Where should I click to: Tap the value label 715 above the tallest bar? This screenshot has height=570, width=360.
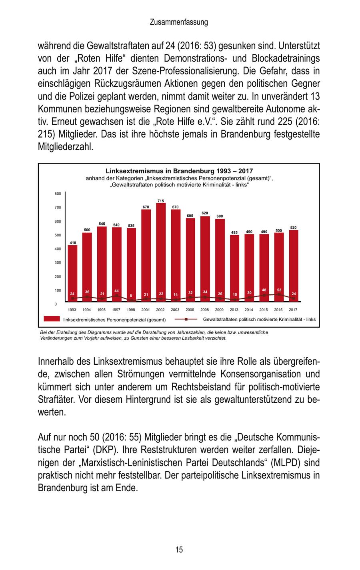coord(160,201)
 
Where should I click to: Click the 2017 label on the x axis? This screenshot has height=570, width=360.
coord(293,310)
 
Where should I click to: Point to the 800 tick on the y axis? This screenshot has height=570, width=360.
coord(58,194)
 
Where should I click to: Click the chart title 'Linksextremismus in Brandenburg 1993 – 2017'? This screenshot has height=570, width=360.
coord(179,171)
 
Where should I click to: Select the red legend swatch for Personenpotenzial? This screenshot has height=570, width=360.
coord(51,319)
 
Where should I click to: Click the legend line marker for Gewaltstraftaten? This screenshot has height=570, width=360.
coord(186,319)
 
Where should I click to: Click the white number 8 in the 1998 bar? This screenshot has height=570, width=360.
coord(131,296)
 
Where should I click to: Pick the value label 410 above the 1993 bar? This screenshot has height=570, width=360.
coord(72,243)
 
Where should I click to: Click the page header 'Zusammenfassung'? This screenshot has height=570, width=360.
coord(179,22)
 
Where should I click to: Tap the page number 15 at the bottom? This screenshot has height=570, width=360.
coord(179,550)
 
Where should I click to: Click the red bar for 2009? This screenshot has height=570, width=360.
coord(220,260)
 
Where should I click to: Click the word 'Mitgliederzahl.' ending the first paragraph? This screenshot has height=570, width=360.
coord(66,147)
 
